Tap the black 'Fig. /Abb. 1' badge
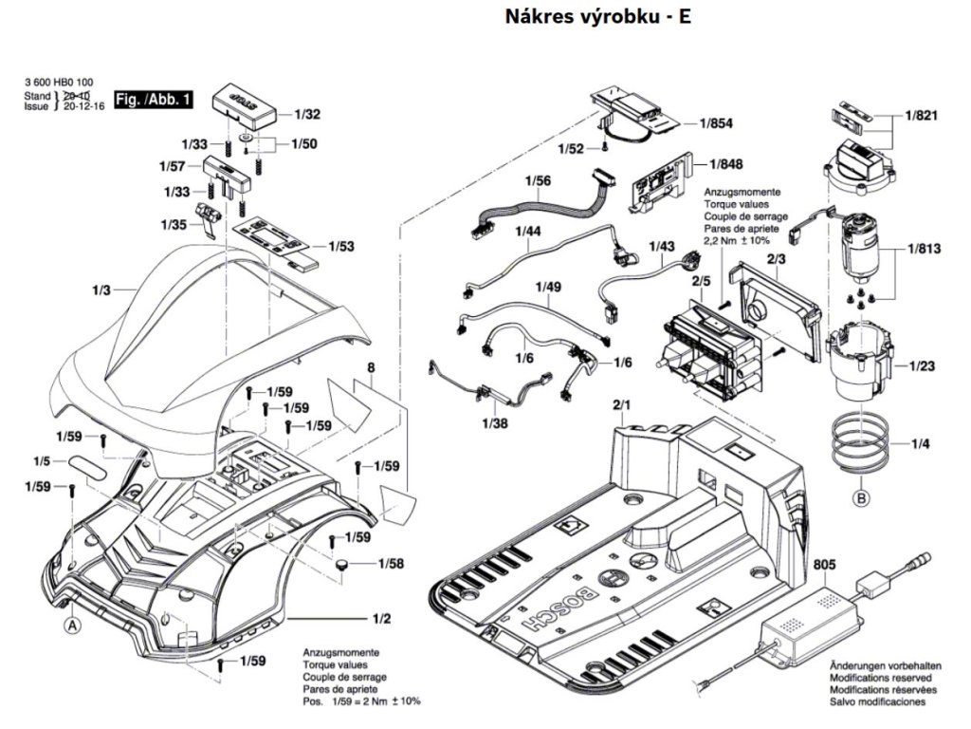point(153,99)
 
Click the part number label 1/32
point(306,115)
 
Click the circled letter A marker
point(71,625)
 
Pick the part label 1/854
point(717,123)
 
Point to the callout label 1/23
point(923,365)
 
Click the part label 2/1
point(622,405)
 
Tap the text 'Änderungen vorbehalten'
point(878,667)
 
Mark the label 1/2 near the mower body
point(382,619)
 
